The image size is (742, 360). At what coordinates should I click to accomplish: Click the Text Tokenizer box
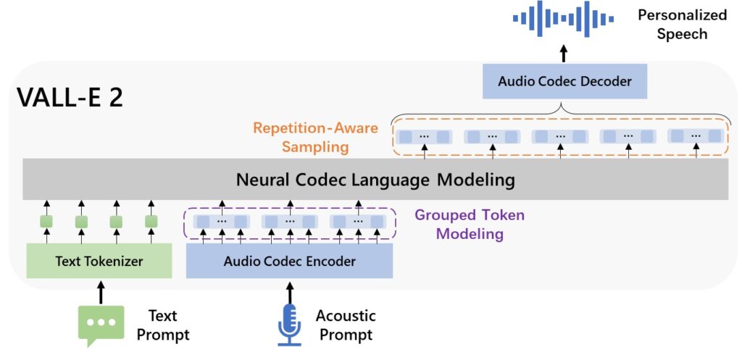99,261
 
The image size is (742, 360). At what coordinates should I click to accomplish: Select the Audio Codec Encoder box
289,261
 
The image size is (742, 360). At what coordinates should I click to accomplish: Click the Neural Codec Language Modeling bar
375,179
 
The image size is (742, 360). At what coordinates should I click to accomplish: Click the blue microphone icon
289,323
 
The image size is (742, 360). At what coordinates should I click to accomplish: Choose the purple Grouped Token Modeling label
470,225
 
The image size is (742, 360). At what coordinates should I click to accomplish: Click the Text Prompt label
168,325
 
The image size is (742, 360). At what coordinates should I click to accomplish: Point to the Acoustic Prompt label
346,325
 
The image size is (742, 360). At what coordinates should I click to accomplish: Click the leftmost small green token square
46,221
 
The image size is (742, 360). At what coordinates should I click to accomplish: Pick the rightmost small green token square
151,221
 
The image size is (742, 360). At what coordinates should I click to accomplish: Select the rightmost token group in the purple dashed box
359,221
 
